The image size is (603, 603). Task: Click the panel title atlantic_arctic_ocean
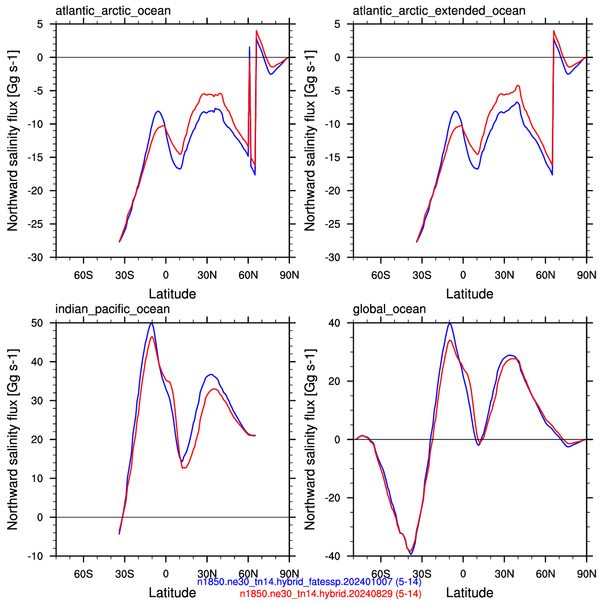[x=113, y=11]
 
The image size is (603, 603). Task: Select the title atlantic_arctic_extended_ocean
[x=439, y=11]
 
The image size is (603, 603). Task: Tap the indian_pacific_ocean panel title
[x=112, y=309]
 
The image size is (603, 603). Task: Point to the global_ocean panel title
[x=389, y=309]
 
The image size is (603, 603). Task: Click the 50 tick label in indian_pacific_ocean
[x=37, y=323]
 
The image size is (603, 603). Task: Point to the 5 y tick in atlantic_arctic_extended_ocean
[x=337, y=24]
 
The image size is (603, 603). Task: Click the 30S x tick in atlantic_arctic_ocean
[x=124, y=275]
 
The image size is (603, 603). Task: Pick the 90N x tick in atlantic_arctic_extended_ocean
[x=586, y=275]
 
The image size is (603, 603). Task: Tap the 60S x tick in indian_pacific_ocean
[x=84, y=574]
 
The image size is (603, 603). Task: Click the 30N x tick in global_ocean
[x=504, y=574]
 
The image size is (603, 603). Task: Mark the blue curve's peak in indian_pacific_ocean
[x=152, y=323]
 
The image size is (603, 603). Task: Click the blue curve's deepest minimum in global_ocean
[x=411, y=554]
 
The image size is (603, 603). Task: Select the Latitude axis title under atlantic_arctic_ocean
[x=172, y=294]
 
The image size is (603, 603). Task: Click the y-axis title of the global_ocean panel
[x=310, y=439]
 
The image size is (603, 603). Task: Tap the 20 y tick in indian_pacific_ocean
[x=37, y=439]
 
